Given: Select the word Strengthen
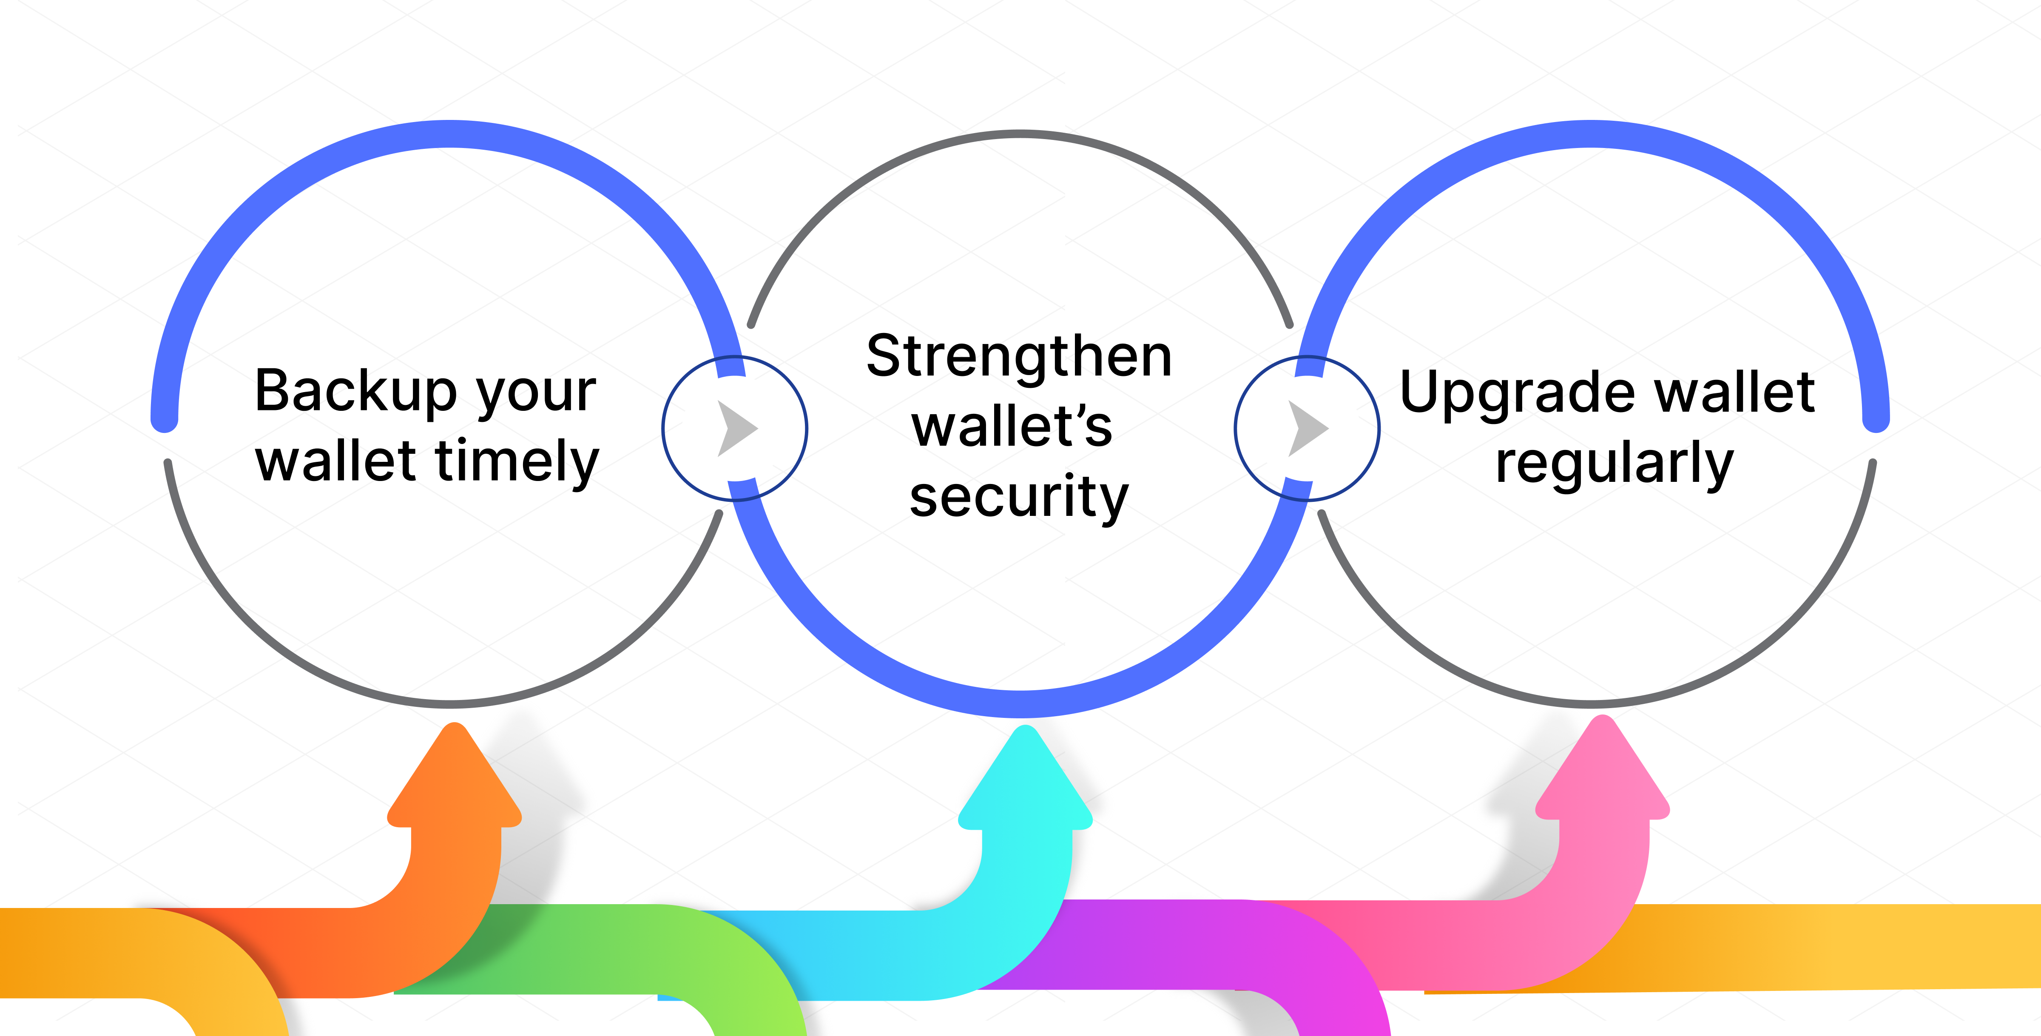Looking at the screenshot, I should (1019, 357).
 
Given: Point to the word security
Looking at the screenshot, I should (1019, 498).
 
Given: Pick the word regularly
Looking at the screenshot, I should (1614, 464).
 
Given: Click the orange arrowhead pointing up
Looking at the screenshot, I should (454, 781).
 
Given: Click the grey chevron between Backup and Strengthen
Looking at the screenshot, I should (737, 428).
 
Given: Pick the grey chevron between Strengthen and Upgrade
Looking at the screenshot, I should (1308, 428).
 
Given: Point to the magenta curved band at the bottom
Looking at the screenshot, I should (1188, 943).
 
